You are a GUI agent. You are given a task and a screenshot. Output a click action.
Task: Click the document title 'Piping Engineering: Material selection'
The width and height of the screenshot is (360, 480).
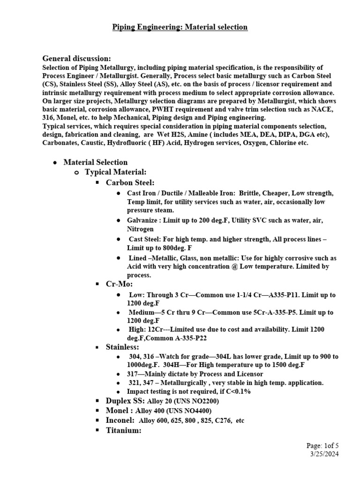tap(180, 27)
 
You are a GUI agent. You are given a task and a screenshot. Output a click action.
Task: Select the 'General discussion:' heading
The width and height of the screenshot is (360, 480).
tap(77, 59)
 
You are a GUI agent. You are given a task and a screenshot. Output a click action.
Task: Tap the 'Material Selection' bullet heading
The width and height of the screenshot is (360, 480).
tap(95, 162)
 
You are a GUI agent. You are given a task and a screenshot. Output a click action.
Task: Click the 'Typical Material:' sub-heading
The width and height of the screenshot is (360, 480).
tap(116, 172)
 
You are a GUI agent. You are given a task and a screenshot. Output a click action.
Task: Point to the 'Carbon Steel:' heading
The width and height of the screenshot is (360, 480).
tap(130, 182)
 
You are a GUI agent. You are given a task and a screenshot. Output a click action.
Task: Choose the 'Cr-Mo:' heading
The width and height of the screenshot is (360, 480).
tap(120, 284)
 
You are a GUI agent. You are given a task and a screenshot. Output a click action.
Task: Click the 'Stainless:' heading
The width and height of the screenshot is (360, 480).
tap(122, 347)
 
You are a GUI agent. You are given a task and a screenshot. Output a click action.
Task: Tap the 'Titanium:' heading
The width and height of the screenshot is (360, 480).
tap(124, 430)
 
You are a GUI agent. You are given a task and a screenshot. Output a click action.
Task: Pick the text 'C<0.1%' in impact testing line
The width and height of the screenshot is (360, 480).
tap(239, 391)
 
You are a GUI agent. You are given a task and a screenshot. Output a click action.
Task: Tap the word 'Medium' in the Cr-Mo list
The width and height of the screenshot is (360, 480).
tap(142, 312)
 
